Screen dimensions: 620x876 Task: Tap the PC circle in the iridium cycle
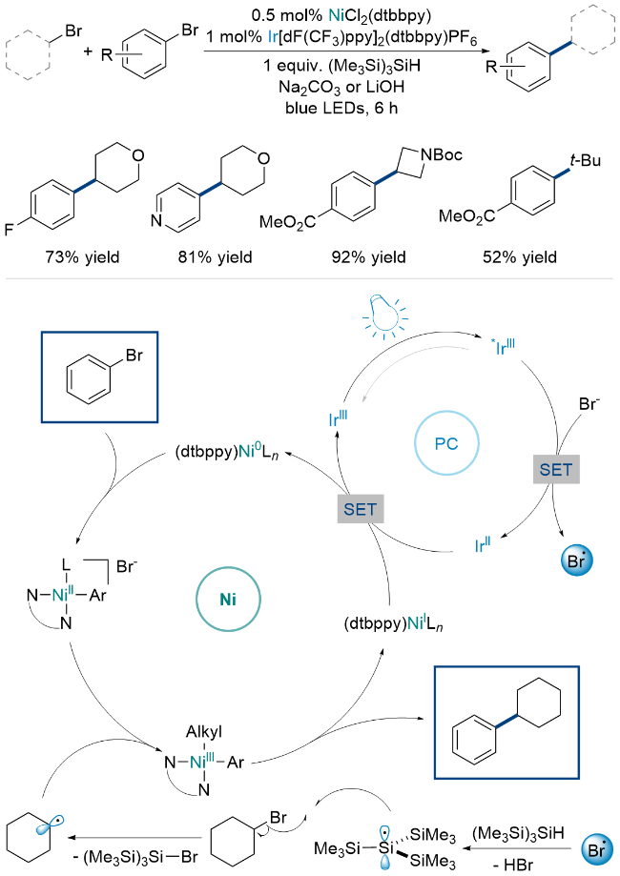tap(446, 443)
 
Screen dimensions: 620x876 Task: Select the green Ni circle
tap(228, 600)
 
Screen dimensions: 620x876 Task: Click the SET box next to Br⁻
tap(556, 469)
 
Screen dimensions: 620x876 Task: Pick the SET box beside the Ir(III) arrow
tap(360, 509)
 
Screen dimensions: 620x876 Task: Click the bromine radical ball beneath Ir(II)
tap(576, 560)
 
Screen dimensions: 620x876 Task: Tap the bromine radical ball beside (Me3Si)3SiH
tap(597, 849)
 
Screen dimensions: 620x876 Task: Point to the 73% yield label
tap(83, 257)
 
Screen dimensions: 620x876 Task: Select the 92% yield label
tap(369, 257)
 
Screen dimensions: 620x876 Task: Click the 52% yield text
tap(520, 257)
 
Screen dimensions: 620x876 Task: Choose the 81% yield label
tap(216, 257)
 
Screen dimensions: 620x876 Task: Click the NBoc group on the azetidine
tap(441, 153)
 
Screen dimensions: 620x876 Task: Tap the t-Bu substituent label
tap(586, 160)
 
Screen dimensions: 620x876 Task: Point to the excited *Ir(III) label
tap(505, 346)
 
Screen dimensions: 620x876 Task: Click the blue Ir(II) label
tap(483, 543)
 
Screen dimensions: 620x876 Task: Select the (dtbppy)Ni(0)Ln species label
tap(227, 452)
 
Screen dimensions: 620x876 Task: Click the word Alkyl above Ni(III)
tap(203, 731)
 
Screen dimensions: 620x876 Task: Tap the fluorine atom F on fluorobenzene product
tap(9, 229)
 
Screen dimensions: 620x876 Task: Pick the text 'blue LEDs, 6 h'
tap(341, 108)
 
